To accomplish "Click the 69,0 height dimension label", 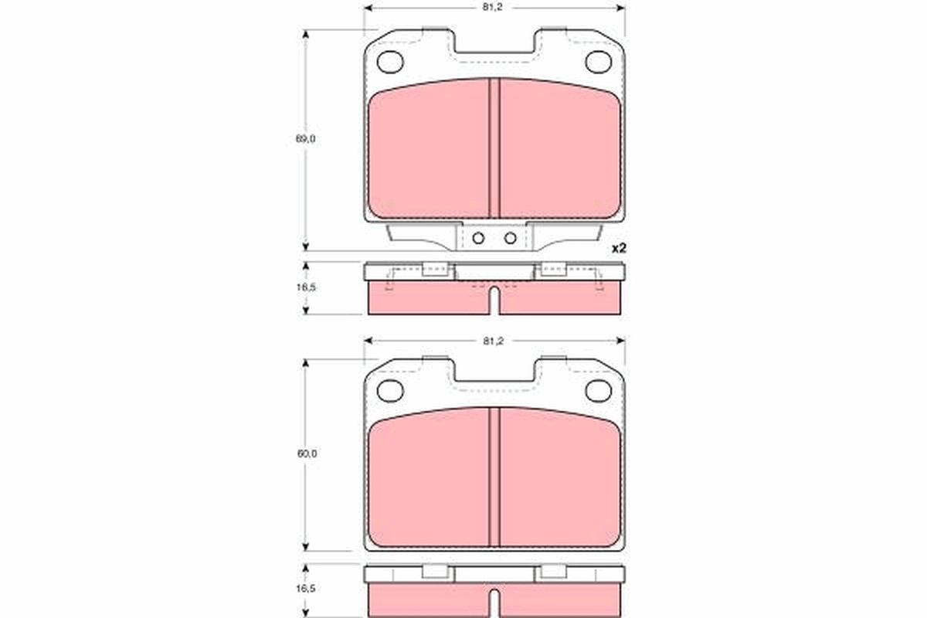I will pyautogui.click(x=306, y=139).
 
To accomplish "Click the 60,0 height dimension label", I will pyautogui.click(x=306, y=454).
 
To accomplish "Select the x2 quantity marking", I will pyautogui.click(x=617, y=249).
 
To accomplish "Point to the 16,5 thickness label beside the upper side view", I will pyautogui.click(x=306, y=286).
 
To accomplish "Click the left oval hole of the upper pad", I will pyautogui.click(x=391, y=61).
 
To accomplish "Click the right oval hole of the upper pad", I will pyautogui.click(x=598, y=61).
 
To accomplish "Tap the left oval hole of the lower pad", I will pyautogui.click(x=391, y=391).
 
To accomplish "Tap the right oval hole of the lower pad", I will pyautogui.click(x=598, y=391).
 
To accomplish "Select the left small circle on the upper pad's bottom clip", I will pyautogui.click(x=478, y=238).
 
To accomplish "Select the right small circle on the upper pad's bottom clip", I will pyautogui.click(x=510, y=238).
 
